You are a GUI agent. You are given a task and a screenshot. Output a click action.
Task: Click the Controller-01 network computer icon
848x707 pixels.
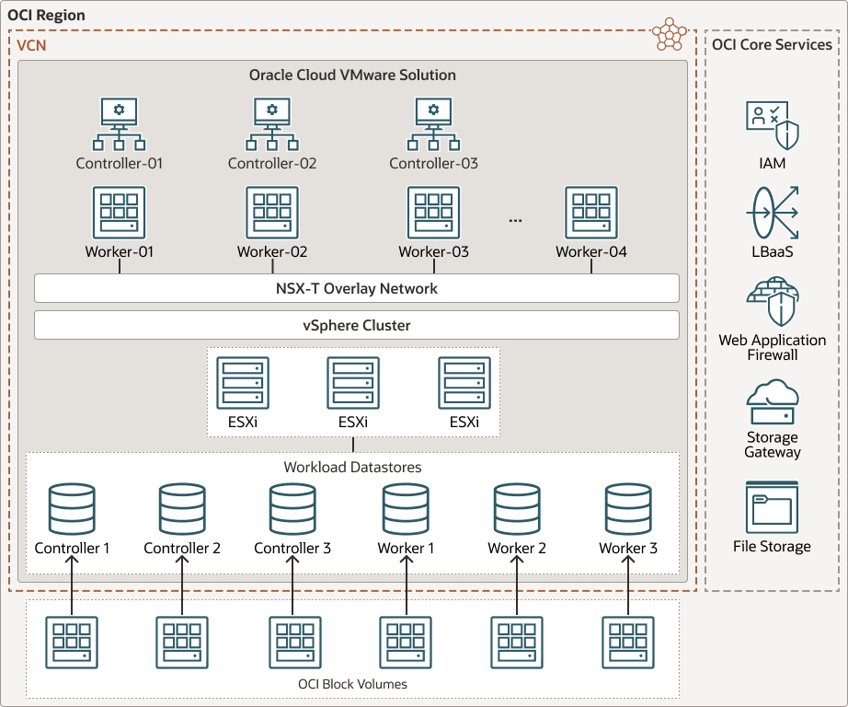[119, 124]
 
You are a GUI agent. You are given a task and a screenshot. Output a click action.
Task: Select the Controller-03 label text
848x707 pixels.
[433, 164]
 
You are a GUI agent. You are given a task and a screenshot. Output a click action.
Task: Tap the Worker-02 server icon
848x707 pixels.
[272, 213]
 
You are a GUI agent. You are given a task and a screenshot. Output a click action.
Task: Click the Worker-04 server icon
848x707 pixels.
[590, 213]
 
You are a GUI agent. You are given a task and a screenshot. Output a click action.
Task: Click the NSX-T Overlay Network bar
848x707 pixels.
[356, 288]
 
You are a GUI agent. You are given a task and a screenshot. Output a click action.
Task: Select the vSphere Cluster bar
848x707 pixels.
[356, 325]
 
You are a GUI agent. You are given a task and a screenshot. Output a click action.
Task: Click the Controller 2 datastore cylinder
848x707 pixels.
[182, 509]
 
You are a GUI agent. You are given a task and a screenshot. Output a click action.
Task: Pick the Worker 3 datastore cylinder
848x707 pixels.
[628, 509]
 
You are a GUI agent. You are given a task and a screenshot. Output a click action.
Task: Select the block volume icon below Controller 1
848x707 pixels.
[72, 643]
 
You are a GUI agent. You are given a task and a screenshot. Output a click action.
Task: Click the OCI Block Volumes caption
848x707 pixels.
[352, 684]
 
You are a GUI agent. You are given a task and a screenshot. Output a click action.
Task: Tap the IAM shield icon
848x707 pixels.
[773, 125]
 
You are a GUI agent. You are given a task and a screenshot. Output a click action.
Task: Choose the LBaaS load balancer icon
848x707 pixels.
[773, 213]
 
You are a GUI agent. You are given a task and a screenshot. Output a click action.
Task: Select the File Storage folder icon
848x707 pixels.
[773, 507]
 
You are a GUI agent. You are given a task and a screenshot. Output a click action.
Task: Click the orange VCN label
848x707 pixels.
[30, 45]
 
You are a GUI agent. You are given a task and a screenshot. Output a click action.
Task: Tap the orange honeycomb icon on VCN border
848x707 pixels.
[669, 35]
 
